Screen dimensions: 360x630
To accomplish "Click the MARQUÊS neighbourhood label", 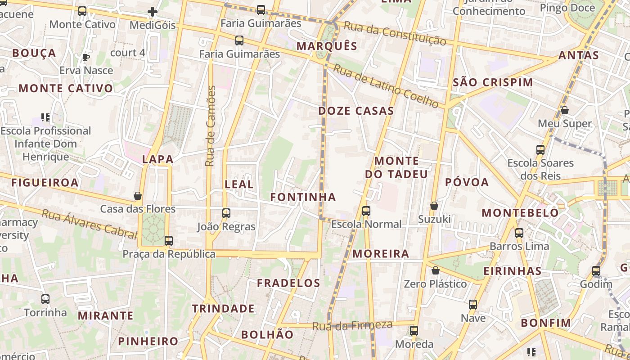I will click(327, 46).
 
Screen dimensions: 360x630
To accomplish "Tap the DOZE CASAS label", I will click(356, 111).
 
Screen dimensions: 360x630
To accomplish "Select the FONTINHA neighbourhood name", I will click(303, 197).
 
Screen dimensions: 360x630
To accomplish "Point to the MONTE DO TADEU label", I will click(396, 167).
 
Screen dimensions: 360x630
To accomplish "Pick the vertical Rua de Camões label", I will click(210, 126).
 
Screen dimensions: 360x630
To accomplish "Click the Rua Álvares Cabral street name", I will click(89, 224).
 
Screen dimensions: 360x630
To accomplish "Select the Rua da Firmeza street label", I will click(352, 325).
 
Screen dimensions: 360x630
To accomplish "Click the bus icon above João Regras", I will click(226, 213).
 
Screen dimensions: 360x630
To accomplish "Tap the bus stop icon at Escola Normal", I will click(366, 211).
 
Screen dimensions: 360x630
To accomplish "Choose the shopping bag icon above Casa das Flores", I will click(138, 196).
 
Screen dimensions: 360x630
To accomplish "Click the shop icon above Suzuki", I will click(434, 206).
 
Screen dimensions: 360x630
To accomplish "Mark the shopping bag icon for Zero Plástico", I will click(435, 270).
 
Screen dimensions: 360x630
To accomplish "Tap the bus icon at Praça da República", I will click(169, 241).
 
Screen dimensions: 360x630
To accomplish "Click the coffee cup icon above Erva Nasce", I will click(85, 57).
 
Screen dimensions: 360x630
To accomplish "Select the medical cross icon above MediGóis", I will click(153, 12).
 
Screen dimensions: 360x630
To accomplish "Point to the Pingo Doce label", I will click(567, 8).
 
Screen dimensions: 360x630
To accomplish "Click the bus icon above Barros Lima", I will click(519, 233).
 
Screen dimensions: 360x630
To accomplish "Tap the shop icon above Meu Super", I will click(565, 110).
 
